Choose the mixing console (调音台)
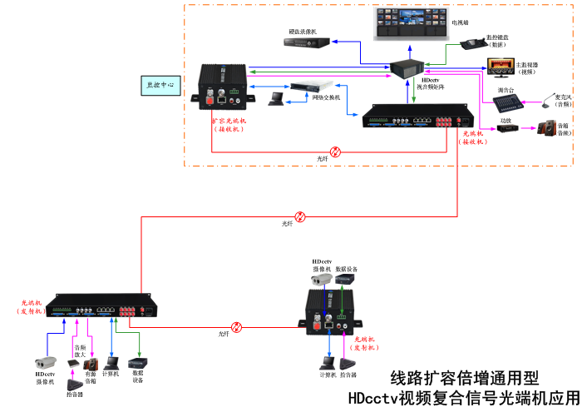tap(508, 103)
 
